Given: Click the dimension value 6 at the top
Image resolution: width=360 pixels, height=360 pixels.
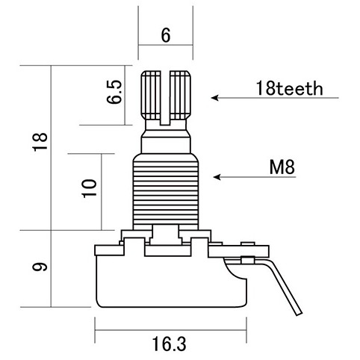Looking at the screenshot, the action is [x=166, y=35].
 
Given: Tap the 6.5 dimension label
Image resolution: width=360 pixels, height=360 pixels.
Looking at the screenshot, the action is [x=114, y=92].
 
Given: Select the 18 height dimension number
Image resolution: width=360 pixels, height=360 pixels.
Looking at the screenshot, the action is [x=40, y=142].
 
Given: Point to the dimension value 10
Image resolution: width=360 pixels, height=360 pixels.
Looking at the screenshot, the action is [x=90, y=188].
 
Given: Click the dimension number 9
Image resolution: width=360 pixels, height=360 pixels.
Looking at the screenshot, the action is [x=40, y=267].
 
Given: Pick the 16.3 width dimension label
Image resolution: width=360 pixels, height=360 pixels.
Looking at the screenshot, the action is [x=169, y=344].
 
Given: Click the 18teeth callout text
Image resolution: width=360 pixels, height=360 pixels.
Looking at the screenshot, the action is [x=289, y=88].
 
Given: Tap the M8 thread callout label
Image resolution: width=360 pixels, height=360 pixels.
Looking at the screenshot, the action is [x=282, y=167].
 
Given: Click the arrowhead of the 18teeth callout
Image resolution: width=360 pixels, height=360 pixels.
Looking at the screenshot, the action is [x=214, y=98].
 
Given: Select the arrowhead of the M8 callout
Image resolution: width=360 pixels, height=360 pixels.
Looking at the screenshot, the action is [x=217, y=177].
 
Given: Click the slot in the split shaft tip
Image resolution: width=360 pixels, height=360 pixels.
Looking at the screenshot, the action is [x=165, y=98].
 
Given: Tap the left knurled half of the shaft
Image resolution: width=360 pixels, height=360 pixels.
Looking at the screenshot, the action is [x=151, y=96].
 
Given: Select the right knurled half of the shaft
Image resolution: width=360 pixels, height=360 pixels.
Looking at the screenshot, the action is [x=180, y=96].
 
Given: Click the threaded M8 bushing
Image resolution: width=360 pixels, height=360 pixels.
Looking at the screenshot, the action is [x=166, y=192].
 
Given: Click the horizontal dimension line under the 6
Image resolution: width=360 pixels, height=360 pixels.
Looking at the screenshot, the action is [x=166, y=45].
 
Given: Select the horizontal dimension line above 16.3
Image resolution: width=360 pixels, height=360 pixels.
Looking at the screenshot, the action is [x=171, y=330].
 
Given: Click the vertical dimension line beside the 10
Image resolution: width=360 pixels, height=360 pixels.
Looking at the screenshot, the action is [x=102, y=192].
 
